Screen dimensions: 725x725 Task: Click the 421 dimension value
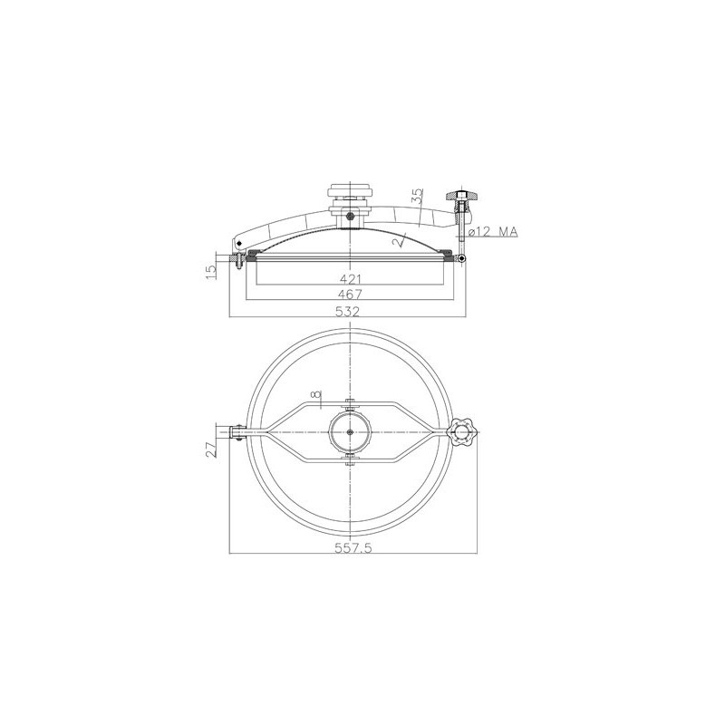click(350, 279)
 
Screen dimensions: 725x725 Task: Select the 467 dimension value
click(350, 294)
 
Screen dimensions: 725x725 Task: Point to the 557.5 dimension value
click(353, 548)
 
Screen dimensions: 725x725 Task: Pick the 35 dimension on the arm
click(418, 196)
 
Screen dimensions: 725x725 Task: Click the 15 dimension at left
click(211, 271)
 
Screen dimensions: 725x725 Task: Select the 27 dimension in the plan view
click(211, 449)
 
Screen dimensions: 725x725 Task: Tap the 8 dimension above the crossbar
click(315, 394)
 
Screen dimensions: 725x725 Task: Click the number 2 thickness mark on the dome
click(395, 242)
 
